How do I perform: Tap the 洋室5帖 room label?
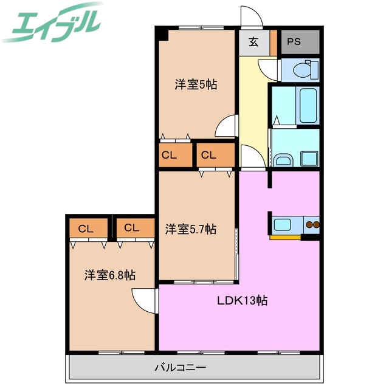pyautogui.click(x=196, y=85)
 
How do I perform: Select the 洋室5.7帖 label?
pyautogui.click(x=191, y=229)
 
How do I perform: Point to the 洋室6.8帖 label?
pyautogui.click(x=109, y=275)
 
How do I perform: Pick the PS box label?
pyautogui.click(x=294, y=42)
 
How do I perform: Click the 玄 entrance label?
pyautogui.click(x=252, y=42)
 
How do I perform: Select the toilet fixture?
pyautogui.click(x=301, y=70)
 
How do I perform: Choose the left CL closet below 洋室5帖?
pyautogui.click(x=169, y=155)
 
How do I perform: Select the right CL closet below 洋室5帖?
pyautogui.click(x=209, y=155)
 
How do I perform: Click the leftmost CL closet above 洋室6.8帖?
pyautogui.click(x=86, y=229)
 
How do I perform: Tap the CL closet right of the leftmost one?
pyautogui.click(x=132, y=229)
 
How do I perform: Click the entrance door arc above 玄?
pyautogui.click(x=251, y=17)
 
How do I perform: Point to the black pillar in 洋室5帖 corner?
pyautogui.click(x=162, y=34)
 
